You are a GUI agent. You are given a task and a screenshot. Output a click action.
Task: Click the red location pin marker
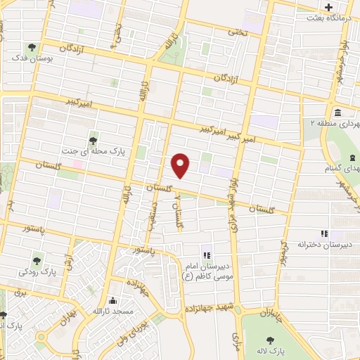(x=181, y=165)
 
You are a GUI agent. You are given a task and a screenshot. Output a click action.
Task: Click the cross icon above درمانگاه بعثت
(x=328, y=8)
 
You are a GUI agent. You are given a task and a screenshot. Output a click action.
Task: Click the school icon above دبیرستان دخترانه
(x=324, y=233)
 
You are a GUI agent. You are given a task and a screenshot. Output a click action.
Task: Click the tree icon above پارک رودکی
(x=38, y=259)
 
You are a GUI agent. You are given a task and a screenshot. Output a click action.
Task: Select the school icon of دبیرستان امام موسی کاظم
(x=206, y=255)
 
